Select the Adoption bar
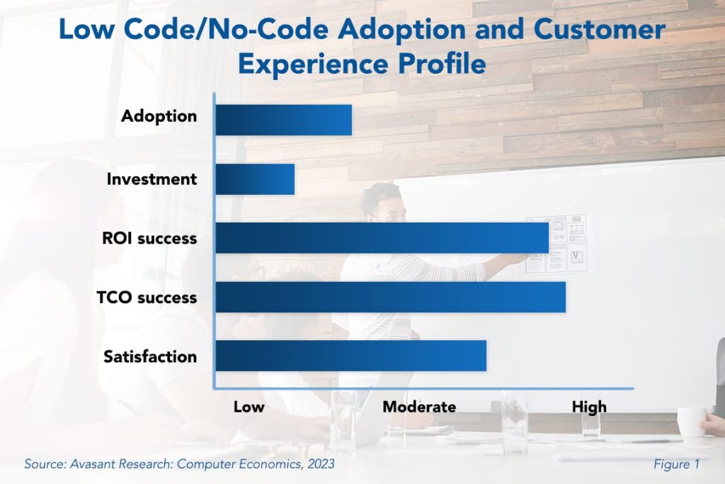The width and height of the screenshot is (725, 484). click(x=283, y=120)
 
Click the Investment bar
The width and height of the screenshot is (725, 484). click(x=255, y=179)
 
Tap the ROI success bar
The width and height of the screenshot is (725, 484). click(x=382, y=238)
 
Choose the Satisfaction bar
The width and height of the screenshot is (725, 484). click(x=351, y=356)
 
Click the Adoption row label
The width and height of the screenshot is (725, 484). click(x=159, y=116)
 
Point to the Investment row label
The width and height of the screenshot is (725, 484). click(x=152, y=179)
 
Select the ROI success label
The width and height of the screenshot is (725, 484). click(x=149, y=238)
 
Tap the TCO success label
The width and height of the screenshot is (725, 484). click(x=147, y=298)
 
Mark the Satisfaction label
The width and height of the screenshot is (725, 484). click(x=150, y=356)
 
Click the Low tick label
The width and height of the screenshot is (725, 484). click(x=249, y=407)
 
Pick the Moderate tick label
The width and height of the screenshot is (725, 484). click(x=419, y=407)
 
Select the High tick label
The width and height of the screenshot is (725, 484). click(x=589, y=407)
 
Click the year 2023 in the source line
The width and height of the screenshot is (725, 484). click(x=319, y=465)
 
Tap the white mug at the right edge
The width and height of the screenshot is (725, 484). click(x=691, y=422)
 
